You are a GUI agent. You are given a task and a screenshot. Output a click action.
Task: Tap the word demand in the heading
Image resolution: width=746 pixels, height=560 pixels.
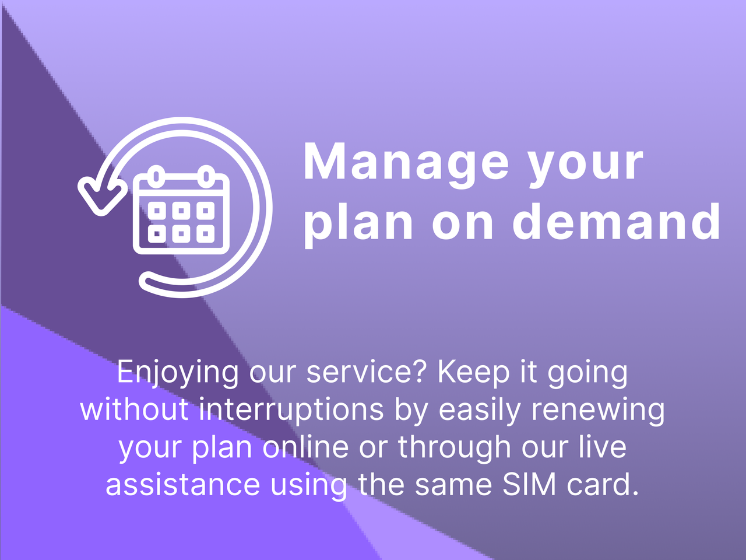click(x=617, y=222)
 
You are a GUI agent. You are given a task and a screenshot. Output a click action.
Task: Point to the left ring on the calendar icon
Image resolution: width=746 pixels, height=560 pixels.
click(x=156, y=174)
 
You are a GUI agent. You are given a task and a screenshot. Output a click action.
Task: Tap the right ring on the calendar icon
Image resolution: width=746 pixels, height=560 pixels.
click(x=206, y=174)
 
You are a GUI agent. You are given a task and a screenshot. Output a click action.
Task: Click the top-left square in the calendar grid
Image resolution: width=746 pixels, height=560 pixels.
click(x=157, y=210)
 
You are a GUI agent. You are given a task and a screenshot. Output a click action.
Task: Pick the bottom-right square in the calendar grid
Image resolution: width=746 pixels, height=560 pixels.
click(x=205, y=235)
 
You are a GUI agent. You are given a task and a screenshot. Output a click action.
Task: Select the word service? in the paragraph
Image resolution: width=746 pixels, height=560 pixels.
click(x=368, y=372)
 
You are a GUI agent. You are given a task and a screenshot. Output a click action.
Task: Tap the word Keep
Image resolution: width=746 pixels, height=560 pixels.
click(x=473, y=372)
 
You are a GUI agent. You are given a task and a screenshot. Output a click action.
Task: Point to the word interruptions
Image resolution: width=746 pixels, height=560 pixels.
click(x=291, y=409)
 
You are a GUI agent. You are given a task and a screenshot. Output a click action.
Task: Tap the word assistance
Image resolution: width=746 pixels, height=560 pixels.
click(x=182, y=485)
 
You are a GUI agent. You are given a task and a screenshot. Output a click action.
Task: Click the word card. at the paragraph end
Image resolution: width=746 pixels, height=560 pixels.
click(x=603, y=485)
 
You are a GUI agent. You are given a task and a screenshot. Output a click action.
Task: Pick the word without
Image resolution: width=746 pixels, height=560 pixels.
click(x=135, y=409)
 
